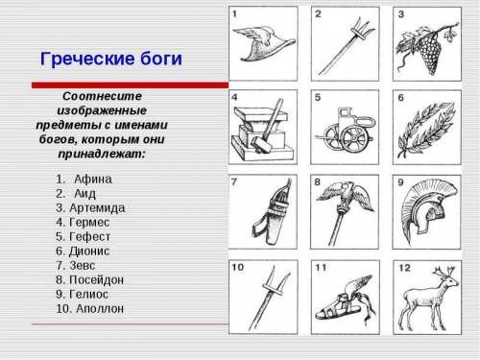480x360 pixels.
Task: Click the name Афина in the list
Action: coord(93,180)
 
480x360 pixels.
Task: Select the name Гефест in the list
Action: coord(89,237)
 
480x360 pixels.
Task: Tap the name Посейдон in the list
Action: coord(96,280)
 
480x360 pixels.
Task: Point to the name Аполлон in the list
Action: coord(100,309)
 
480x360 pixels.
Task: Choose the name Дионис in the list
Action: coord(89,252)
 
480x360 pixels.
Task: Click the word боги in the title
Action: coord(161,59)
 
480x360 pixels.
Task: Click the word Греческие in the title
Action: coord(87,60)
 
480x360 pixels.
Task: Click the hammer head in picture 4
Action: coord(262,143)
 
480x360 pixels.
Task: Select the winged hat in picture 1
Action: coord(263,44)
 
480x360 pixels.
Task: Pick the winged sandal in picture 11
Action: coord(344,300)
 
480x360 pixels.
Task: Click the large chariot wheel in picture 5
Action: coord(353,138)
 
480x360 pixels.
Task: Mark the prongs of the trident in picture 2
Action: coord(364,29)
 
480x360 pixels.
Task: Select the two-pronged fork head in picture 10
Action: coord(276,281)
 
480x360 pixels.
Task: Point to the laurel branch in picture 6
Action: coord(426,130)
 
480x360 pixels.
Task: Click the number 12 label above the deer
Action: coord(404,268)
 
